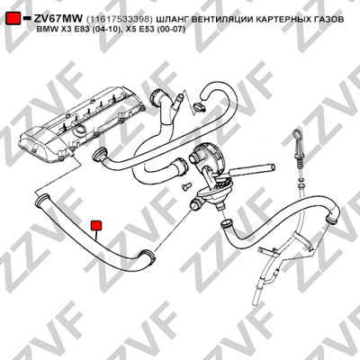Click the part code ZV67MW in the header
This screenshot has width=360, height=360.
point(58,19)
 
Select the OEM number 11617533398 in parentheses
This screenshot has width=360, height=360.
point(120,20)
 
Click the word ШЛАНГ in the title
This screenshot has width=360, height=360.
point(172,20)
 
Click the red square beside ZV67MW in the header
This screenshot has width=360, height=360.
point(13,19)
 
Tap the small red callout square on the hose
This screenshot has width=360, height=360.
point(96,226)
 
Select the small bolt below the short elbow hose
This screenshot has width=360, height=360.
point(186,186)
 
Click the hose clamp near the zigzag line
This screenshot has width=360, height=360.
point(200,106)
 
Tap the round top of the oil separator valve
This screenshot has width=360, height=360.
point(208,152)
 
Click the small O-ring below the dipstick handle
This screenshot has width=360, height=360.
point(301,180)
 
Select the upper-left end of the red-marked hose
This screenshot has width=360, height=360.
point(41,200)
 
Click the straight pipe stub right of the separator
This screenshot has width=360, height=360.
point(252,170)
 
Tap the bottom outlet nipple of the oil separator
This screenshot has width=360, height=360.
point(222,207)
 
